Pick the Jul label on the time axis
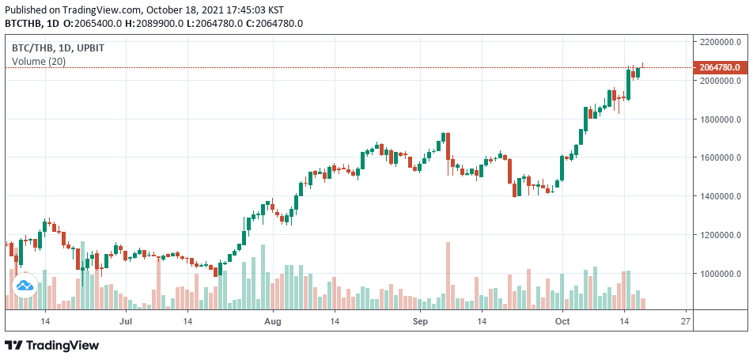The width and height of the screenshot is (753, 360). click(125, 322)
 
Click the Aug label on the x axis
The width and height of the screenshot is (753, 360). click(273, 322)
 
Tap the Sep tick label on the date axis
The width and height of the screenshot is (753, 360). click(420, 322)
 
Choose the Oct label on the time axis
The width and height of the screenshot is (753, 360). click(562, 322)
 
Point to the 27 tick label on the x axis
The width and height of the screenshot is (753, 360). click(686, 322)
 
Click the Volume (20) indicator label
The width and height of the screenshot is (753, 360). click(39, 62)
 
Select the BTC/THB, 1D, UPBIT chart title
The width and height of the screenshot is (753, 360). click(58, 48)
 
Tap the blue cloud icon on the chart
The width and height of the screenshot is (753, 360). click(24, 285)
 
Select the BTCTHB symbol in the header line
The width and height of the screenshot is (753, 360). click(22, 24)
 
